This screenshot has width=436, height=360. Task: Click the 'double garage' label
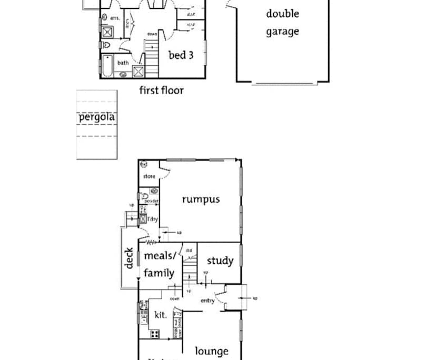tap(282, 23)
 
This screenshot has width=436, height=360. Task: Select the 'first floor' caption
tap(161, 90)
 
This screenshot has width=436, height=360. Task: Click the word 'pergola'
tap(96, 117)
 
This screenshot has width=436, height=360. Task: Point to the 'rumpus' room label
tap(201, 199)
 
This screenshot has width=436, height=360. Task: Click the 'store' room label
tap(149, 176)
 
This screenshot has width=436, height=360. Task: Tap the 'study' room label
tap(220, 261)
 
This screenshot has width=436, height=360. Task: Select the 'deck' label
tap(129, 258)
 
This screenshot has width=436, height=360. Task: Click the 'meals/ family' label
tap(159, 264)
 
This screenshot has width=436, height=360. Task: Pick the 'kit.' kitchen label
tap(161, 315)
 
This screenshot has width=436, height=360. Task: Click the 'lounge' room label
tap(212, 351)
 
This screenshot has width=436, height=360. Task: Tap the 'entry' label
tap(207, 300)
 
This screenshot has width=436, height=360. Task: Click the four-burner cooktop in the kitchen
tap(155, 333)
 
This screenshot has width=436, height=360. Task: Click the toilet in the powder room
tap(144, 195)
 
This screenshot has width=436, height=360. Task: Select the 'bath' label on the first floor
tap(123, 63)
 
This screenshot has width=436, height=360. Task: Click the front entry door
tap(226, 298)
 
